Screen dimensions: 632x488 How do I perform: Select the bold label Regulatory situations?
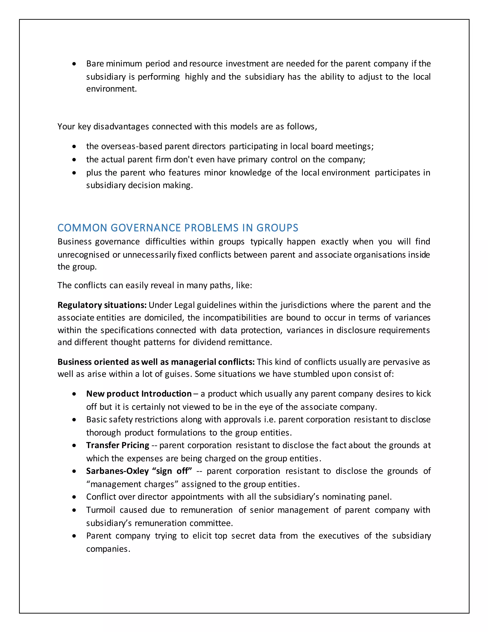tap(102, 305)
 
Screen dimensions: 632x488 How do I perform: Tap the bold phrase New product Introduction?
tap(139, 394)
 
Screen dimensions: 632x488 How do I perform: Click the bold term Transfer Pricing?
tap(118, 445)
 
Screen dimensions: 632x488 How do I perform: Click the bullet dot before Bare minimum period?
tap(75, 64)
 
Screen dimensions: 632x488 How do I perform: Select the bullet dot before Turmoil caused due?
tap(75, 510)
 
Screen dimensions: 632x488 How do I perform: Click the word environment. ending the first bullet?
tap(111, 89)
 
